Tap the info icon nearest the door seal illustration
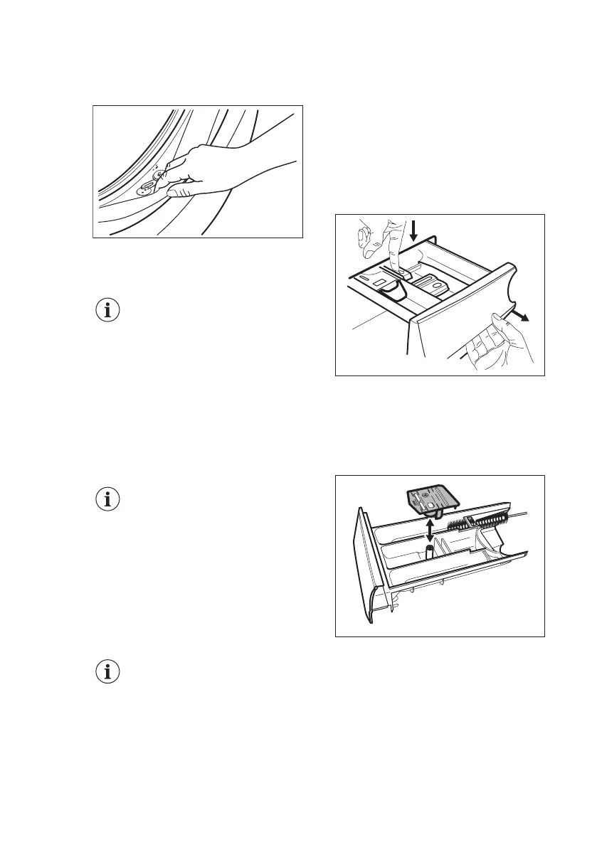[108, 310]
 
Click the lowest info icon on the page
[108, 672]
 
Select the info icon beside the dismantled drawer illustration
[108, 499]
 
